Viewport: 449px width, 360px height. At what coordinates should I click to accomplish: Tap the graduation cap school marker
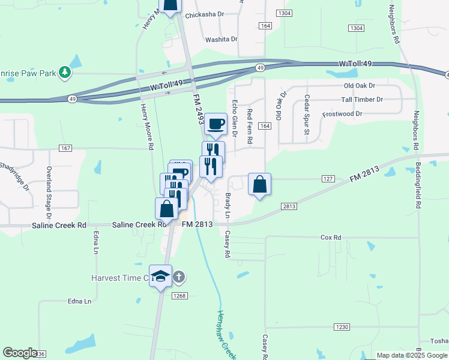pos(160,276)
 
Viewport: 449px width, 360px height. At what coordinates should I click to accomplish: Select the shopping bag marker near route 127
pos(259,184)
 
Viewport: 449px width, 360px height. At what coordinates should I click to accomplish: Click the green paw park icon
pos(65,73)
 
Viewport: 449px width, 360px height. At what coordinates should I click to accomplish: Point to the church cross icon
pos(178,277)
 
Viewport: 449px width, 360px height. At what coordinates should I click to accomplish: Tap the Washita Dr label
pos(221,39)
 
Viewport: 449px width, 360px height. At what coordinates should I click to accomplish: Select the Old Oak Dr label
pos(359,86)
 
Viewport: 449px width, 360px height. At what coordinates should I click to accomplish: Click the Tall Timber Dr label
pos(362,100)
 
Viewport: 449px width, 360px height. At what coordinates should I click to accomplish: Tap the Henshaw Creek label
pos(225,335)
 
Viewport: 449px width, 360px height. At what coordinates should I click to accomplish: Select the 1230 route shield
pos(342,326)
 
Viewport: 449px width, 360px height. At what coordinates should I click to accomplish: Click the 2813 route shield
pos(289,206)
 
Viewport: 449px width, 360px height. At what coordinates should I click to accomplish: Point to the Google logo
pos(20,353)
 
